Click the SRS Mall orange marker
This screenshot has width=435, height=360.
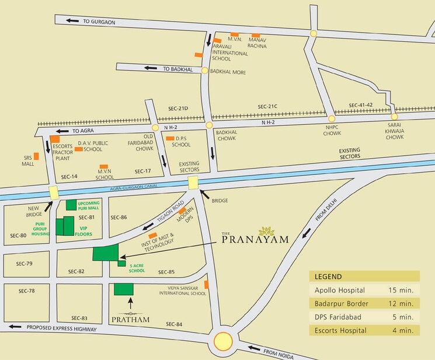coord(36,156)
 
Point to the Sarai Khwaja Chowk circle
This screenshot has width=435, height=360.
coord(395,117)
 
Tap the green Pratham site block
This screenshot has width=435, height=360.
coord(123,289)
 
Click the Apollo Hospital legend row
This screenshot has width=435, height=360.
coord(363,290)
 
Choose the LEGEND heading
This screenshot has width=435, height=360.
coord(329,277)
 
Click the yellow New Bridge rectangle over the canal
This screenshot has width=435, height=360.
coord(54,192)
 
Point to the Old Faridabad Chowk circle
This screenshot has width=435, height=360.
coord(155,127)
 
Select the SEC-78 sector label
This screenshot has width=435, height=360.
coord(26,291)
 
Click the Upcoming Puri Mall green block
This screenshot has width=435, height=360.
coord(71,204)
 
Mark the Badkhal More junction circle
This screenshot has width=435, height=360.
coord(204,71)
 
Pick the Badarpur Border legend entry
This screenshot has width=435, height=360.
coord(363,303)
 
